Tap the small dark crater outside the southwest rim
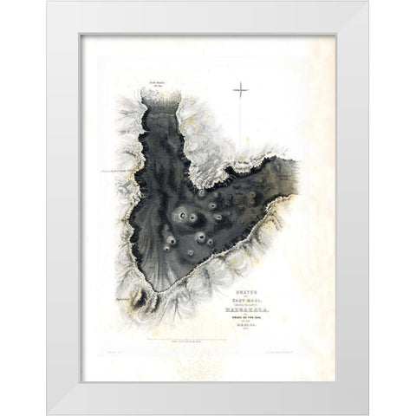tap(144, 301)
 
